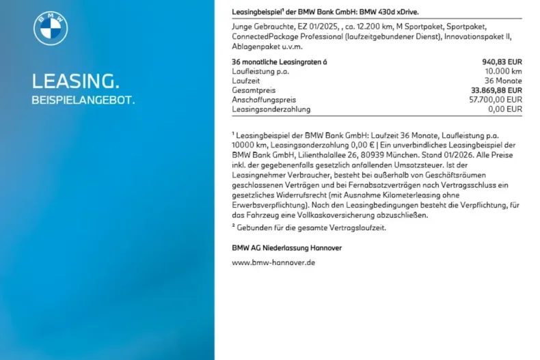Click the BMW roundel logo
pyautogui.click(x=51, y=29)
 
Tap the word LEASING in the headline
pyautogui.click(x=75, y=81)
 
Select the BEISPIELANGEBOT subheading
pyautogui.click(x=83, y=100)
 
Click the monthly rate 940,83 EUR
pyautogui.click(x=502, y=61)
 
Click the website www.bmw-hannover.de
pyautogui.click(x=273, y=262)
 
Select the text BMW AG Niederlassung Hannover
pyautogui.click(x=286, y=247)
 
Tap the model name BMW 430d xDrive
pyautogui.click(x=388, y=12)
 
